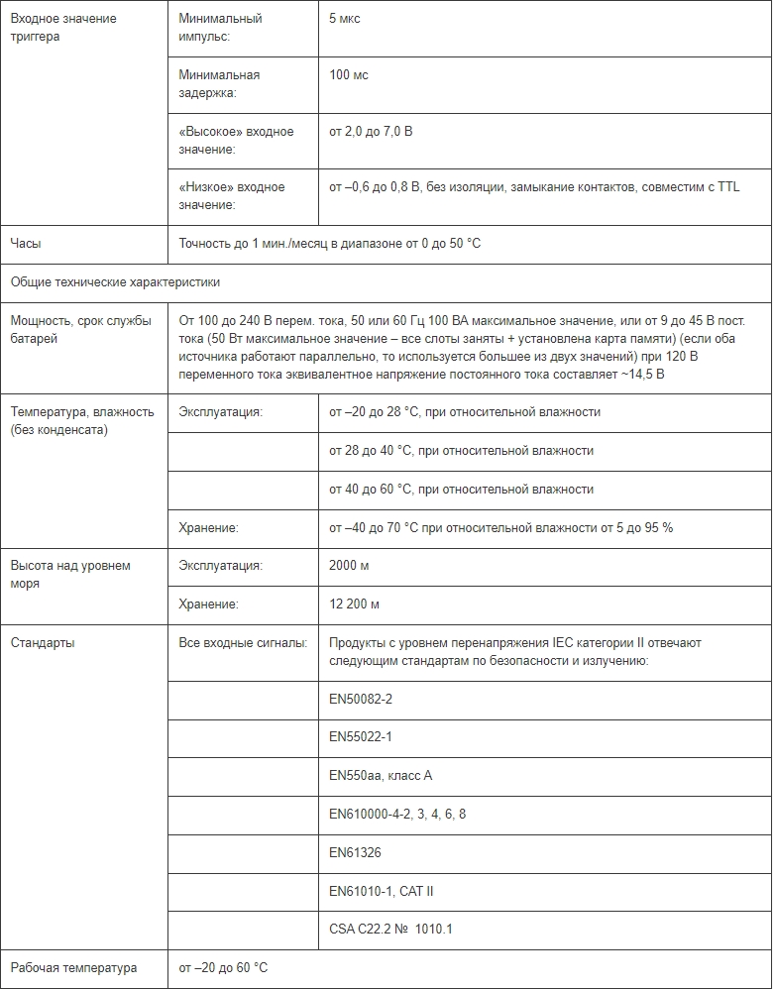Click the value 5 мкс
[344, 19]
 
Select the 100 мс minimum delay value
[348, 75]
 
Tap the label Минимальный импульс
[220, 28]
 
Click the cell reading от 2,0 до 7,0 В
[371, 132]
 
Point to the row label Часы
[26, 244]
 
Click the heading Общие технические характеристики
[115, 282]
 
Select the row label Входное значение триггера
[62, 28]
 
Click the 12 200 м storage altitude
[354, 604]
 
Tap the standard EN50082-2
[361, 700]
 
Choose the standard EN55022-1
[361, 737]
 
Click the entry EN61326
[355, 852]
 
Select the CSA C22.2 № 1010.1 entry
[390, 930]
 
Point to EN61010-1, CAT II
[381, 891]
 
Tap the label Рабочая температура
[73, 968]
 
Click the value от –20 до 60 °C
[223, 968]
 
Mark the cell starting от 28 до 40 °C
[461, 451]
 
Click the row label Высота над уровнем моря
[70, 575]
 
